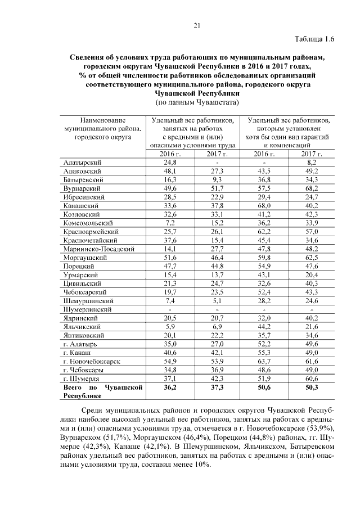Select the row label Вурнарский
[82, 188]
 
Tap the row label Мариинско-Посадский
[98, 249]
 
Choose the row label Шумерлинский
[89, 309]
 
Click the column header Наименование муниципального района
[102, 128]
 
